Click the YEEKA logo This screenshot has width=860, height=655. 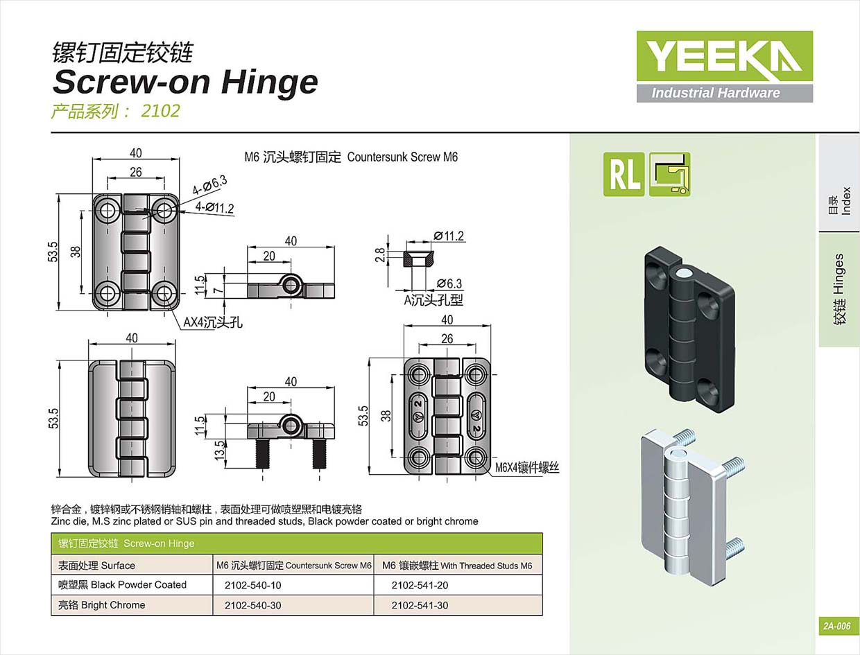(724, 56)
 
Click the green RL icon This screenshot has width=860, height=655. (623, 174)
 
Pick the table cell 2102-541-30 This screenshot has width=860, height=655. (420, 605)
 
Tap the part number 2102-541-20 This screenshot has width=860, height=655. (420, 585)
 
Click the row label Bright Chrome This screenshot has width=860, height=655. (101, 605)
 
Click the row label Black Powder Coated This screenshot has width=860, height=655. (122, 585)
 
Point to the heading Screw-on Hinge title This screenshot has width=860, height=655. (185, 82)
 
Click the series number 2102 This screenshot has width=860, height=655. (160, 111)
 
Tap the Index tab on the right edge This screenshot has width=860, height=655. (840, 200)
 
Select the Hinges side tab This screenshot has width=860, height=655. (839, 289)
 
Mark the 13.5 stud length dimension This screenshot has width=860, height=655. (220, 449)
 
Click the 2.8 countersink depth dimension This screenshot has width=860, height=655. (379, 254)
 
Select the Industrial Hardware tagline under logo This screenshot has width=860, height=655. (715, 93)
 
